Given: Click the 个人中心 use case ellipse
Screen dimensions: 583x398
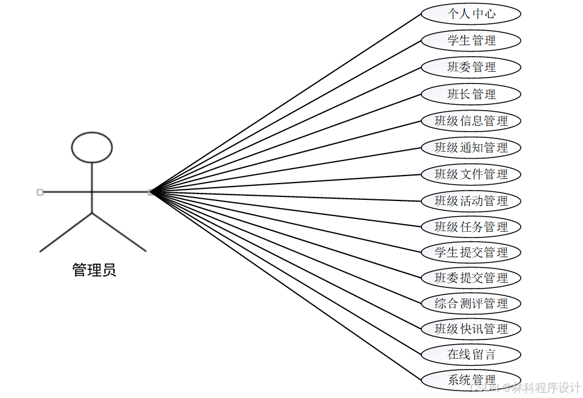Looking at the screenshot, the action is click(x=471, y=14).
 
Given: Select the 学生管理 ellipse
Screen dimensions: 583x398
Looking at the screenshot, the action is click(x=471, y=41).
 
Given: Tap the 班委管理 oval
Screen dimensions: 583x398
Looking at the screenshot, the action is click(x=471, y=67).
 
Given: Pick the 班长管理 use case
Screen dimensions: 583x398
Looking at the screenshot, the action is click(x=471, y=94).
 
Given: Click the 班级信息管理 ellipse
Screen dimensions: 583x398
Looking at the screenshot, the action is click(x=471, y=121).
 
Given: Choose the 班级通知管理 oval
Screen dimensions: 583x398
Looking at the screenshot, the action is click(x=471, y=148).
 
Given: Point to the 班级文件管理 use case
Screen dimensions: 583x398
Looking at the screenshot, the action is click(x=471, y=174).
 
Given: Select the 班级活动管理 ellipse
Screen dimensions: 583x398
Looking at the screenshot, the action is click(x=471, y=201).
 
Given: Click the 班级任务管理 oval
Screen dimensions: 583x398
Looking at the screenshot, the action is click(x=471, y=227).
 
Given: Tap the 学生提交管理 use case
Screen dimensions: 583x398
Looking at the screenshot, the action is click(x=471, y=253).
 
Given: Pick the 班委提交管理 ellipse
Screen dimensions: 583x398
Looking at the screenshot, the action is click(x=471, y=278).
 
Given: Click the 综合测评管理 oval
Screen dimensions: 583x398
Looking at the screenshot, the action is click(x=471, y=304).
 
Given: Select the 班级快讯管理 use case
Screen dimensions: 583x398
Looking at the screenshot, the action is click(x=471, y=329).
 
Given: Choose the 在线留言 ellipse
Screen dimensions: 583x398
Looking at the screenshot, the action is click(x=471, y=355).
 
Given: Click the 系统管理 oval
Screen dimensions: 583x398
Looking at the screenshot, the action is click(x=471, y=380).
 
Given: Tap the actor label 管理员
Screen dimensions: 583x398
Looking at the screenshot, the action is click(x=94, y=270).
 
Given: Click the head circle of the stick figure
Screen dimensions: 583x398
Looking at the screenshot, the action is click(x=91, y=147).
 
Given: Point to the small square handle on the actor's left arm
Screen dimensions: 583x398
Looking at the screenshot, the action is click(x=40, y=192).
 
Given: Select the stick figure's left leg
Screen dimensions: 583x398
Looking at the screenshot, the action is click(x=65, y=233).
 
